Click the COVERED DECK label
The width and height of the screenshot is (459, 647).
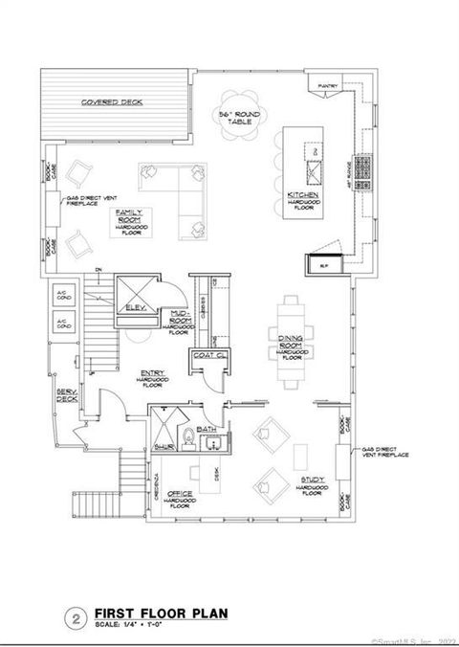[112, 101]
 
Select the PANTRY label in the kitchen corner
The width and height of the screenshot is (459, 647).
[329, 84]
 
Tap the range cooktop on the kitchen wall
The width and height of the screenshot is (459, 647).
[364, 170]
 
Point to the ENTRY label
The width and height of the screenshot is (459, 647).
[151, 377]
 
